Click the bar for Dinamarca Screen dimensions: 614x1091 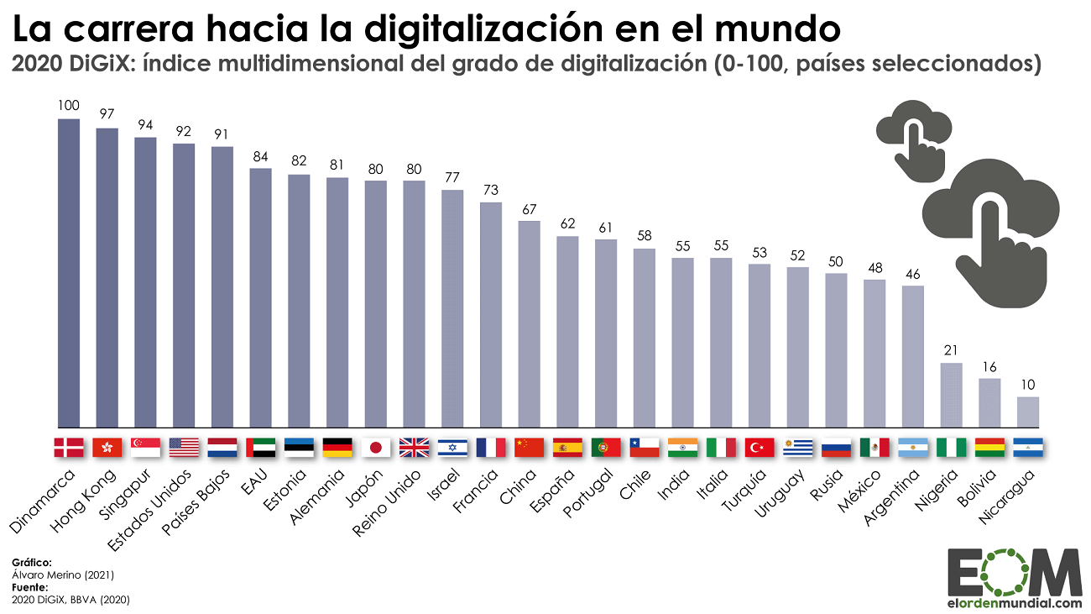(x=68, y=273)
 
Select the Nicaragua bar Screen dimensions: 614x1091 (x=1027, y=412)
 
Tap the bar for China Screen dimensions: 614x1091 (x=529, y=324)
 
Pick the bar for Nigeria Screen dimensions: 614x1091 (x=951, y=395)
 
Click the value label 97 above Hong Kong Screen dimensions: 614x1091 (x=107, y=113)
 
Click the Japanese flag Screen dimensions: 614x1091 (x=375, y=448)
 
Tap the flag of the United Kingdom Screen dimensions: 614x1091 (x=414, y=448)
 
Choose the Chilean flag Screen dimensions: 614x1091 (x=645, y=448)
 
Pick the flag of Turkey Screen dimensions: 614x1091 (x=760, y=448)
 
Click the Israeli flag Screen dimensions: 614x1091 (x=452, y=448)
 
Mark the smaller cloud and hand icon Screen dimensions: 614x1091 (x=915, y=139)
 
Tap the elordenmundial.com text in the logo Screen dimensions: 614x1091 (x=1015, y=602)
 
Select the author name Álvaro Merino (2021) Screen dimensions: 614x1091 (x=63, y=575)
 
